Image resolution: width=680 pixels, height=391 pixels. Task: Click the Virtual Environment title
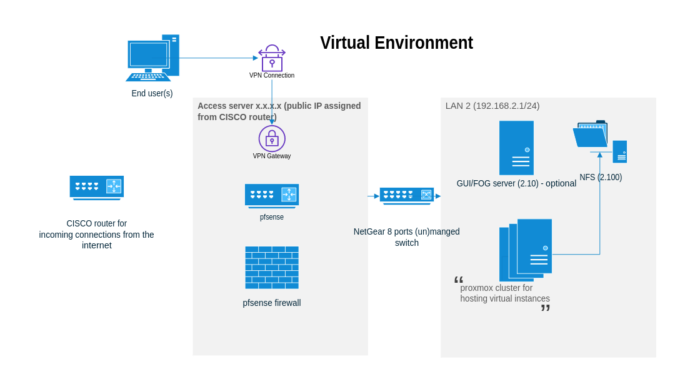396,43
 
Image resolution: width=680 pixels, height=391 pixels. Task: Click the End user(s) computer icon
152,58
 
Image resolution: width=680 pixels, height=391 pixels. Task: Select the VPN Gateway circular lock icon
272,138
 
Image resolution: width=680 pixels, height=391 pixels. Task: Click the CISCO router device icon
96,187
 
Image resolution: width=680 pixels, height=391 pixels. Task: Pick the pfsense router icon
272,195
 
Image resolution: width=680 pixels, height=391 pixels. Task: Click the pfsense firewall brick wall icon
272,267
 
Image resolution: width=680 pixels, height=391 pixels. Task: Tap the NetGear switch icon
407,195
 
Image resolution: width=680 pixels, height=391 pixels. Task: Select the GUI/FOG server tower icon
516,148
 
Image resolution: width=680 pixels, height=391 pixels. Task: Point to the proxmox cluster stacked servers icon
526,249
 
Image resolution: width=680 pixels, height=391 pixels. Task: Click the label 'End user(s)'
152,93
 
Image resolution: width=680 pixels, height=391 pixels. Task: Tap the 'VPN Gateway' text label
272,156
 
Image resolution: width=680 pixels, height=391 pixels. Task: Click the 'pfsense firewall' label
272,303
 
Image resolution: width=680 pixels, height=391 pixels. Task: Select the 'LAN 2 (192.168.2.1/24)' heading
492,106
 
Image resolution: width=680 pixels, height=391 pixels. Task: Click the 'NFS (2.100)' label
601,177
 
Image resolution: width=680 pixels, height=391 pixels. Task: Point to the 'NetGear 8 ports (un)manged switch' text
407,237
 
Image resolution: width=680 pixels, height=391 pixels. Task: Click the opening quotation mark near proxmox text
459,280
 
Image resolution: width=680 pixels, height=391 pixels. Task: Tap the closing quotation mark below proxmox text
545,308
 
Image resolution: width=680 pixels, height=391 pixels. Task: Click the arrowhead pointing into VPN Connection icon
256,58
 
